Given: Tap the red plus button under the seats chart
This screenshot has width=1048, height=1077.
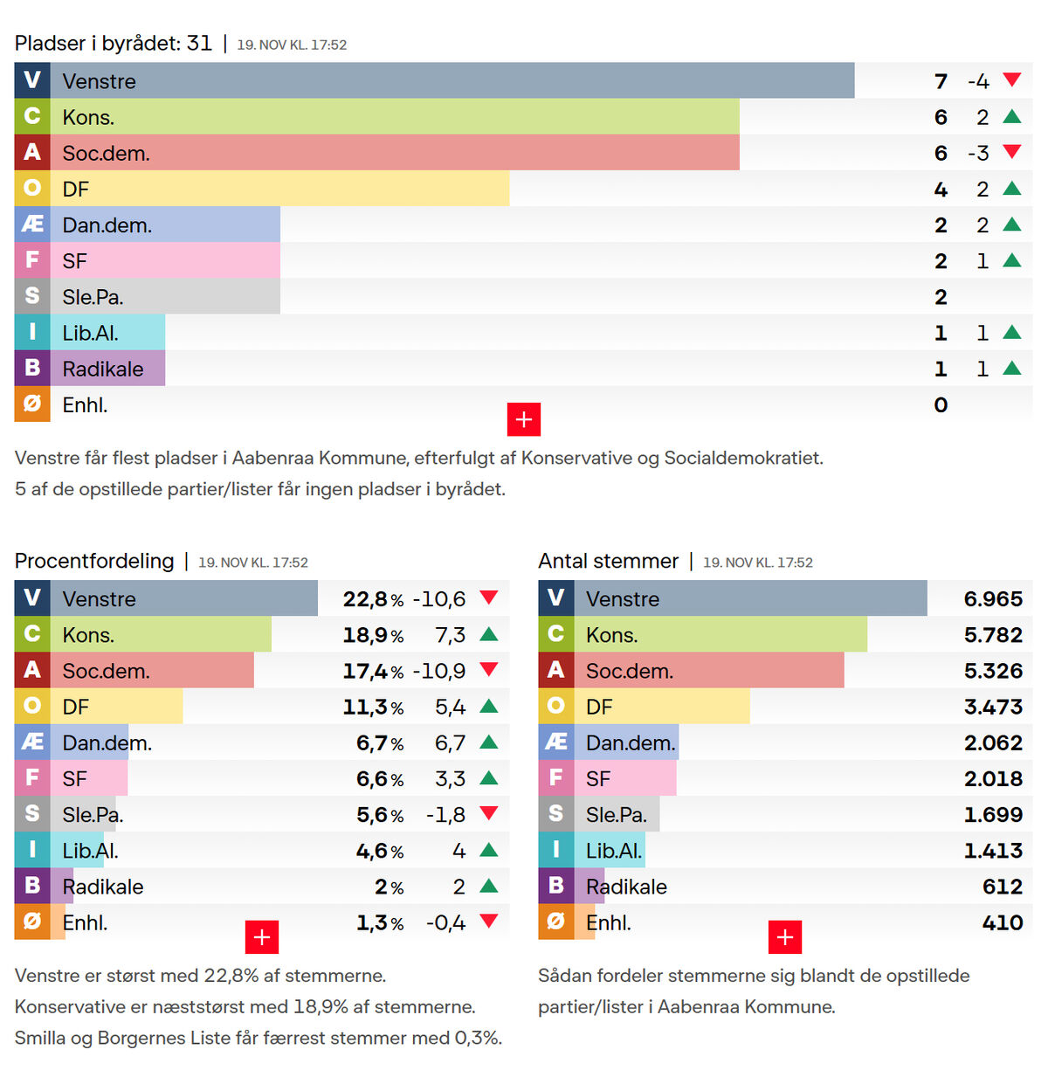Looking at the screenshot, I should [524, 419].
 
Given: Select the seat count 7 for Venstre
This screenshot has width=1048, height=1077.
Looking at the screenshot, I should [941, 81].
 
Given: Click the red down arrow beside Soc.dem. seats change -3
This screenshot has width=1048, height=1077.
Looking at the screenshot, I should [1012, 152].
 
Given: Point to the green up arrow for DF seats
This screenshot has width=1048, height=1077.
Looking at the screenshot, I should [1012, 188].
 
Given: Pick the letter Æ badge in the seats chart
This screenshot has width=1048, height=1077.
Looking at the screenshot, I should [32, 224].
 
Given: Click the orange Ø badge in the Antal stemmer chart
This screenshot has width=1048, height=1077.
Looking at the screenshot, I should [555, 922].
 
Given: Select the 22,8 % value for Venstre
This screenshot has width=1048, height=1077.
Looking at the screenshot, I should [373, 599].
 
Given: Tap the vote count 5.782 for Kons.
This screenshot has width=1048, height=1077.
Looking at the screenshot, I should [993, 635].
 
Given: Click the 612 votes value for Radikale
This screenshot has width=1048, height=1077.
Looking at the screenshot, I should [1002, 887].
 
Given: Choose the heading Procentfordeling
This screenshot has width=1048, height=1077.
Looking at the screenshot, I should [94, 561].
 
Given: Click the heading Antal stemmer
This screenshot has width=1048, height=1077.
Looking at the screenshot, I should [608, 561].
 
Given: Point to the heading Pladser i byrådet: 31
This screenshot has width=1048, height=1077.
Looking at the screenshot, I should [114, 44].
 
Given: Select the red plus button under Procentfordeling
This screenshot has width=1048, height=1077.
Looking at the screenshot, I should [262, 937].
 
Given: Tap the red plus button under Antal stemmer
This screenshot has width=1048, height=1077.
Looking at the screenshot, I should [785, 937].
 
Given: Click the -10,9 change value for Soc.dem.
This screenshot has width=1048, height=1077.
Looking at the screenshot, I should [439, 671].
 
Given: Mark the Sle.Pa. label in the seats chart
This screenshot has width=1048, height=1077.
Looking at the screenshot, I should [93, 297].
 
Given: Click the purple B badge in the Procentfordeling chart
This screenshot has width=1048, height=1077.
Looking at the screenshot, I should [32, 886].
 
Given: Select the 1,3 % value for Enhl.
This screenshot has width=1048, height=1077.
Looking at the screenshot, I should [380, 922].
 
